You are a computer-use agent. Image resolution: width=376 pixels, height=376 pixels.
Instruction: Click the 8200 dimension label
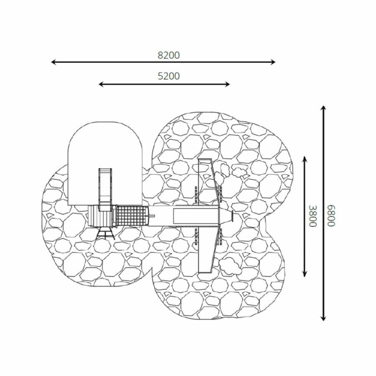tap(169, 55)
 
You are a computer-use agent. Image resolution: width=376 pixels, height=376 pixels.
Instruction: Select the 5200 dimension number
tap(169, 76)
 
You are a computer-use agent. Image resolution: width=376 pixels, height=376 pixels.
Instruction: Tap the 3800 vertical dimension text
tap(312, 216)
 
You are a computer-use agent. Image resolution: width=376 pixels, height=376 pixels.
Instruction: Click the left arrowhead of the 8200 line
tap(53, 62)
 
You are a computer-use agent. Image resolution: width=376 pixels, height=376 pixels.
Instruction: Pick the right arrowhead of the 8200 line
tap(273, 62)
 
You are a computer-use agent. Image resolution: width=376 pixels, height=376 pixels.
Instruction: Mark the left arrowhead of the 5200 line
tap(101, 84)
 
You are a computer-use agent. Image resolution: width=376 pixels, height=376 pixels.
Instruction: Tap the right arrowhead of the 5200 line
tap(228, 84)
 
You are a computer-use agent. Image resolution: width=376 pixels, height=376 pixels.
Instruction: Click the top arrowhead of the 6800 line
tap(323, 108)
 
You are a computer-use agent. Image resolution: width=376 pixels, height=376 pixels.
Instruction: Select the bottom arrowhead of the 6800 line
tap(323, 318)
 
